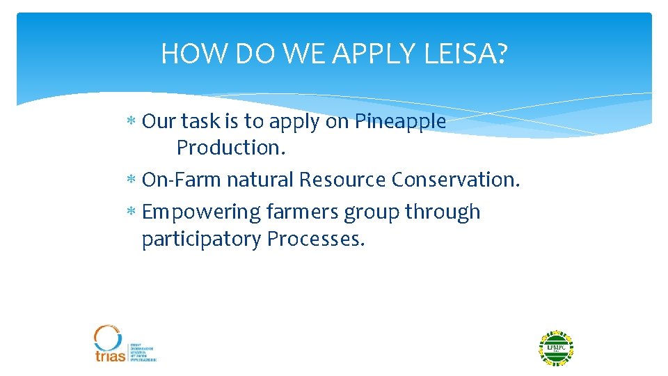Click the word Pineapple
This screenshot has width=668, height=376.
coord(400,122)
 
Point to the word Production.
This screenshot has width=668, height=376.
coord(227,148)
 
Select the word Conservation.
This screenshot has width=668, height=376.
coord(455,180)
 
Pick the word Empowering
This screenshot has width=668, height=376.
coord(201,212)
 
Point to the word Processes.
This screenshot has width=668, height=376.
coord(316,239)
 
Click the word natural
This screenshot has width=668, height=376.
coord(261,180)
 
